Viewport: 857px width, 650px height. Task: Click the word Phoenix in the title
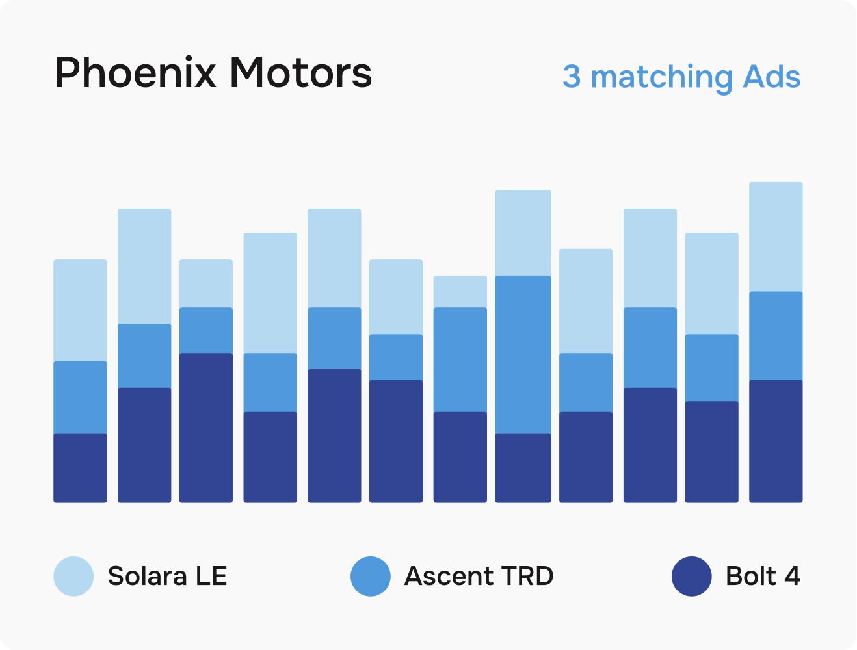pyautogui.click(x=135, y=72)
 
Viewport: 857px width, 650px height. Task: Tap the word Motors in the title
pyautogui.click(x=300, y=72)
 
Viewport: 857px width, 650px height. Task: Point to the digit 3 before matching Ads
pyautogui.click(x=571, y=76)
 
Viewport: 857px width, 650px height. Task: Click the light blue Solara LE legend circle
pyautogui.click(x=73, y=576)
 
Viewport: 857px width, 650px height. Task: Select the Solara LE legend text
pyautogui.click(x=167, y=576)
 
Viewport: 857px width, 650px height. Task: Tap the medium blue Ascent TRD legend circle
pyautogui.click(x=370, y=576)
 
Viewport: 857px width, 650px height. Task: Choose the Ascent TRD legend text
pyautogui.click(x=479, y=576)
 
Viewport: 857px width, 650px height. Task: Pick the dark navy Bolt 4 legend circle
pyautogui.click(x=691, y=576)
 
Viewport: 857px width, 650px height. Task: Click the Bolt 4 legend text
pyautogui.click(x=762, y=576)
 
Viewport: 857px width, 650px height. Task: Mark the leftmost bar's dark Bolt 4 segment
pyautogui.click(x=80, y=468)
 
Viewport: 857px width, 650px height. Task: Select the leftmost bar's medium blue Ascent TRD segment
pyautogui.click(x=80, y=397)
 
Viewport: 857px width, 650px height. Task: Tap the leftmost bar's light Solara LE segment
pyautogui.click(x=80, y=310)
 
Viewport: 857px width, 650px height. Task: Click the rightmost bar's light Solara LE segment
pyautogui.click(x=776, y=237)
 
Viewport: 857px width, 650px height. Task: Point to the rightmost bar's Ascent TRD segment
pyautogui.click(x=776, y=335)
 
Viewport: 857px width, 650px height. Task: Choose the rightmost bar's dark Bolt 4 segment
pyautogui.click(x=776, y=441)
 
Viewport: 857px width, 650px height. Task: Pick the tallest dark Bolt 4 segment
pyautogui.click(x=206, y=428)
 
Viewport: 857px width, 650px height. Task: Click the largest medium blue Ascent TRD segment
pyautogui.click(x=523, y=354)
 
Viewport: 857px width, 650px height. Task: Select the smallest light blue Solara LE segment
pyautogui.click(x=460, y=291)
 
